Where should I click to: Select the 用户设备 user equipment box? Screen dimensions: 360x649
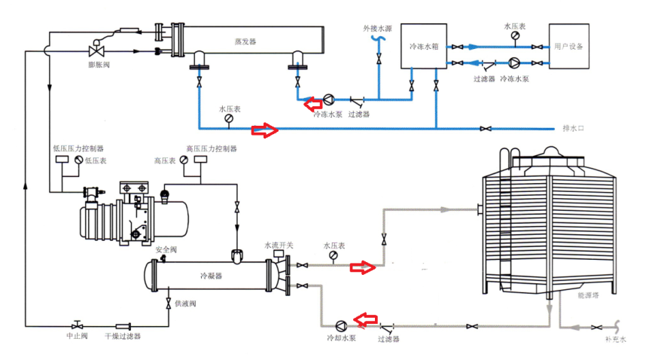click(x=568, y=46)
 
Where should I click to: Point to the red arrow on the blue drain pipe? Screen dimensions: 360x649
click(x=264, y=130)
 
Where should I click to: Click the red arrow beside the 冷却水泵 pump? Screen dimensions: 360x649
click(x=366, y=320)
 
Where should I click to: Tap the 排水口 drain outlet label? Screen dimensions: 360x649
click(x=573, y=129)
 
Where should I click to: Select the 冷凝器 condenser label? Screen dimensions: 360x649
click(x=211, y=276)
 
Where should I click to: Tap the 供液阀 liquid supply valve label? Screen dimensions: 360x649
click(x=185, y=304)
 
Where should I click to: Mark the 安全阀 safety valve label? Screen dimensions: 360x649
click(x=166, y=249)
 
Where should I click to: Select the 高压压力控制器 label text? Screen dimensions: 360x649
click(x=212, y=148)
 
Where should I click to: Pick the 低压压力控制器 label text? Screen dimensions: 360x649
click(x=78, y=148)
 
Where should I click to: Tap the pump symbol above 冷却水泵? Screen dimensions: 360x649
click(x=340, y=325)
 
